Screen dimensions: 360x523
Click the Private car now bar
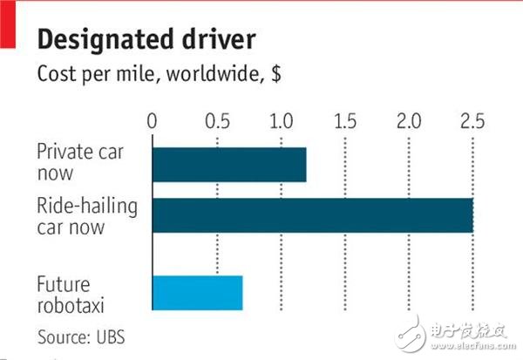pos(229,165)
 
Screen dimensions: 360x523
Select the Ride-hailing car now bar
pos(312,215)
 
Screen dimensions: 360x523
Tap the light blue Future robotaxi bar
pos(197,293)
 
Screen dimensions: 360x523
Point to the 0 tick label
pos(153,119)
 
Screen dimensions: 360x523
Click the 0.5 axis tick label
pos(217,119)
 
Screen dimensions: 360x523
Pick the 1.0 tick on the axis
pos(281,119)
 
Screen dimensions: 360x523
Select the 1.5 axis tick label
pos(345,119)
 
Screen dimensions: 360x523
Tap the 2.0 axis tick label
pos(409,119)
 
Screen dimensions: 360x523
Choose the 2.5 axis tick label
pos(472,119)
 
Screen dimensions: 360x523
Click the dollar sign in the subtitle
pos(275,75)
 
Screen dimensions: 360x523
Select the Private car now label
pos(80,161)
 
